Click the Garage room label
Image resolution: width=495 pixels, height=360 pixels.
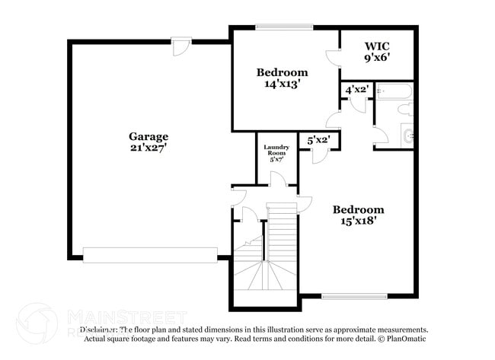148,136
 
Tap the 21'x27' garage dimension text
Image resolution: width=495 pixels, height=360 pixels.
148,148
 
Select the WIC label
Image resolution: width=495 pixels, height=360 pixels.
377,46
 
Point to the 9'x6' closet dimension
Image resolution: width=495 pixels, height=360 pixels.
377,57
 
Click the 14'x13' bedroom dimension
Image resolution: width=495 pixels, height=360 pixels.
282,84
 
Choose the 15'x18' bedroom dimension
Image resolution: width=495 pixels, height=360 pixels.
358,221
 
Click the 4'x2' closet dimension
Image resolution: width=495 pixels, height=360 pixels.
357,90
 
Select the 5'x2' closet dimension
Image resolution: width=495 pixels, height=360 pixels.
318,140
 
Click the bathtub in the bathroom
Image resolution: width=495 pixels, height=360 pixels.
395,92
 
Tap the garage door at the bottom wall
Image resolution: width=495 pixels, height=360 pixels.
149,255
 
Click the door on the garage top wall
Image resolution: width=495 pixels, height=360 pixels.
179,46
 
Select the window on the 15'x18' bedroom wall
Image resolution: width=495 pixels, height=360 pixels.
349,296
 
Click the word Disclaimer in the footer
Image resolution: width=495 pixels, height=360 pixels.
100,330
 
